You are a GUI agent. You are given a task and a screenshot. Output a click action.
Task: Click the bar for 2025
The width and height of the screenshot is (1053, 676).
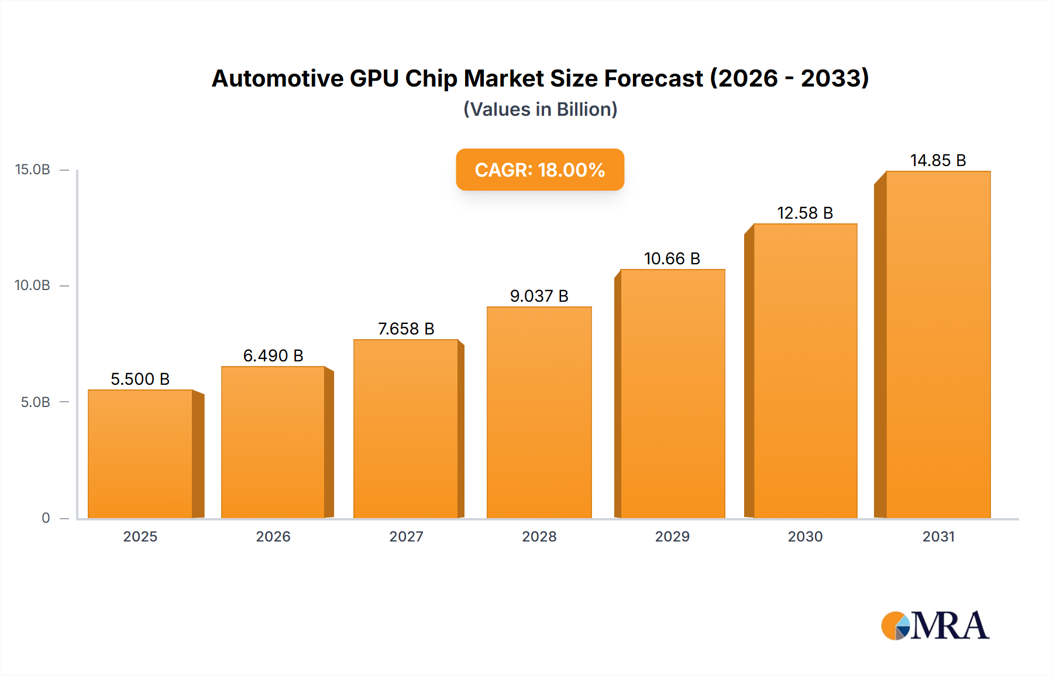pyautogui.click(x=140, y=454)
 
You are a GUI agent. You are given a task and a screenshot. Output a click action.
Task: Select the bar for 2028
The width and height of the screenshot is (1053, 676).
pyautogui.click(x=539, y=412)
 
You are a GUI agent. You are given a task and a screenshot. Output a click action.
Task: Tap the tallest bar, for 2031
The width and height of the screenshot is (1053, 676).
pyautogui.click(x=938, y=345)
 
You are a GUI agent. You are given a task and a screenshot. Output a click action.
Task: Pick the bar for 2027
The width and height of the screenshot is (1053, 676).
pyautogui.click(x=405, y=429)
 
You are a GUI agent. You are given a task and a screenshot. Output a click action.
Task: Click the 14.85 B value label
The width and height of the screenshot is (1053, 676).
pyautogui.click(x=938, y=160)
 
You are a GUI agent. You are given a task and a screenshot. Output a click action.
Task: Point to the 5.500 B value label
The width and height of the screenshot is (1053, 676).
pyautogui.click(x=140, y=379)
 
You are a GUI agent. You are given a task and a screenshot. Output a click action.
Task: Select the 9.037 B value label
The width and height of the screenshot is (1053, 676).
pyautogui.click(x=539, y=296)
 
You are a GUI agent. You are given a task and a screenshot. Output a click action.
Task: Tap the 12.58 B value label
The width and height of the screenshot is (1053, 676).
pyautogui.click(x=805, y=213)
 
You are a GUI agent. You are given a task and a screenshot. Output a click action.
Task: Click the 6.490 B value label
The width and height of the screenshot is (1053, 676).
pyautogui.click(x=273, y=356)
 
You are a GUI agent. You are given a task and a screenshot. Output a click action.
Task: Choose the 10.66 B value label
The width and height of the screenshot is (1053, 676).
pyautogui.click(x=672, y=258)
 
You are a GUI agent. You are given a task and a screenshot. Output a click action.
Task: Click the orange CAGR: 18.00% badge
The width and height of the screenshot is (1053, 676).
pyautogui.click(x=540, y=170)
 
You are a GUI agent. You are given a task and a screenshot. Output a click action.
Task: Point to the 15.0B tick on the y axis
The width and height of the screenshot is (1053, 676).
pyautogui.click(x=33, y=170)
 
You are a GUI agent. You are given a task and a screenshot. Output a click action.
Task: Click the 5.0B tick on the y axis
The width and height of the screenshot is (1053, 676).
pyautogui.click(x=35, y=402)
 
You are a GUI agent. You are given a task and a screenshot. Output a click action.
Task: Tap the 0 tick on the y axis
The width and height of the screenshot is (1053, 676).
pyautogui.click(x=46, y=518)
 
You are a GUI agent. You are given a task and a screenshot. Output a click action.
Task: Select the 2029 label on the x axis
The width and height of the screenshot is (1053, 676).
pyautogui.click(x=672, y=536)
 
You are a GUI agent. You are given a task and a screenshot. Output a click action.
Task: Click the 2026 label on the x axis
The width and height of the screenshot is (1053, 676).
pyautogui.click(x=273, y=536)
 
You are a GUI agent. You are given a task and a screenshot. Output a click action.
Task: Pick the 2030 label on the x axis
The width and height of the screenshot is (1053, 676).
pyautogui.click(x=805, y=536)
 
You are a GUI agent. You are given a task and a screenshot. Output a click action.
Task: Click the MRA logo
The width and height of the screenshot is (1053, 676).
pyautogui.click(x=935, y=626)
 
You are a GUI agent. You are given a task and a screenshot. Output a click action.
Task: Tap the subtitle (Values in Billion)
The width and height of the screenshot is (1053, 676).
pyautogui.click(x=540, y=109)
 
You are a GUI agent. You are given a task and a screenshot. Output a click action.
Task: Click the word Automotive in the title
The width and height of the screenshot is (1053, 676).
pyautogui.click(x=277, y=78)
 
